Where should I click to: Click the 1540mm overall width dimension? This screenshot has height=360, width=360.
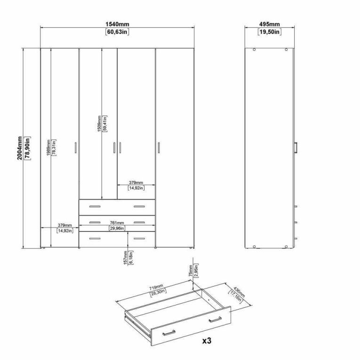[x=117, y=24]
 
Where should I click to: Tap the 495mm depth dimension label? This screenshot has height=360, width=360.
[x=270, y=24]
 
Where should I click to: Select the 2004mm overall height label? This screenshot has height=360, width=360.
[x=20, y=148]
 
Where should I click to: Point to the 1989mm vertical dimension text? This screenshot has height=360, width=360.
[x=48, y=148]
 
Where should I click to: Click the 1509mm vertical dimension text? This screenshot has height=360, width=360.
[x=99, y=123]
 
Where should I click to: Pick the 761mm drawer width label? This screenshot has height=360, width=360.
[x=117, y=223]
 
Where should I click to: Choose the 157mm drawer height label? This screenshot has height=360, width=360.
[x=125, y=257]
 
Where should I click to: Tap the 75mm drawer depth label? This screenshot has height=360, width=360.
[x=191, y=271]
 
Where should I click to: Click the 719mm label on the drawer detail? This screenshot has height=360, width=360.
[x=156, y=287]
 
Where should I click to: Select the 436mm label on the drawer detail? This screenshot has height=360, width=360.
[x=239, y=292]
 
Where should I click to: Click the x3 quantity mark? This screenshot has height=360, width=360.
[x=207, y=341]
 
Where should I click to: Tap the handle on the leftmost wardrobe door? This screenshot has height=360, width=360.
[x=76, y=147]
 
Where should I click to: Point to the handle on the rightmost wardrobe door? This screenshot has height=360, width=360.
[x=159, y=147]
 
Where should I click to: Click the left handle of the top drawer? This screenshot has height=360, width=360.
[x=95, y=207]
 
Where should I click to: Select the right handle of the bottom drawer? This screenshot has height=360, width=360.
[x=139, y=239]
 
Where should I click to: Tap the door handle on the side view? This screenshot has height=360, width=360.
[x=296, y=147]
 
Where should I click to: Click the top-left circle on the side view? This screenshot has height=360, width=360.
[x=254, y=49]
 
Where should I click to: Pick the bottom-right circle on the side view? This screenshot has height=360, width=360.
[x=286, y=247]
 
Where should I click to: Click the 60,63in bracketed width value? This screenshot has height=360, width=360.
[x=117, y=32]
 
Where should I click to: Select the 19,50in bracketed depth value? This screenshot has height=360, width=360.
[x=270, y=32]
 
